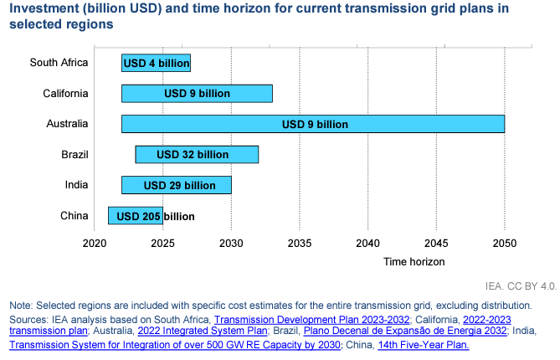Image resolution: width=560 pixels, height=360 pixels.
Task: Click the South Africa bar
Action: pos(156,63)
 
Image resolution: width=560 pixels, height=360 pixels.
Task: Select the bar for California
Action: pos(197,93)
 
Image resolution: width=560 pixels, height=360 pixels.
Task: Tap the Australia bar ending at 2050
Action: pos(312,124)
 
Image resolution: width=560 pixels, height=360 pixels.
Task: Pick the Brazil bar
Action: pos(197,154)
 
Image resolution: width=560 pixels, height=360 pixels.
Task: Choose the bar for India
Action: pos(176,185)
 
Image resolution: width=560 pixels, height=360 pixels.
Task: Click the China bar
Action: pos(135,216)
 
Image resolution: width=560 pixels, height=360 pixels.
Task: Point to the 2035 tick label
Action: pos(300,244)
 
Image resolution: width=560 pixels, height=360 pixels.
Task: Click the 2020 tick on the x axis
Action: pos(95,244)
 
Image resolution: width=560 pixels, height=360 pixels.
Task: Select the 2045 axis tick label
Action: pos(436,244)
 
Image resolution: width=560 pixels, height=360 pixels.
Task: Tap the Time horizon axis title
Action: pos(414,261)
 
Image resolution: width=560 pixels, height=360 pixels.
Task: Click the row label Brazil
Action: pos(74,154)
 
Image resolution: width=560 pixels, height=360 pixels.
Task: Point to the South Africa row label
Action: pos(59,62)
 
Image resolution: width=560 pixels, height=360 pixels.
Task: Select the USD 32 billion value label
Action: pos(193,154)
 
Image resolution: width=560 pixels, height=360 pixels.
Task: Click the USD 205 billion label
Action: pos(155,216)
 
